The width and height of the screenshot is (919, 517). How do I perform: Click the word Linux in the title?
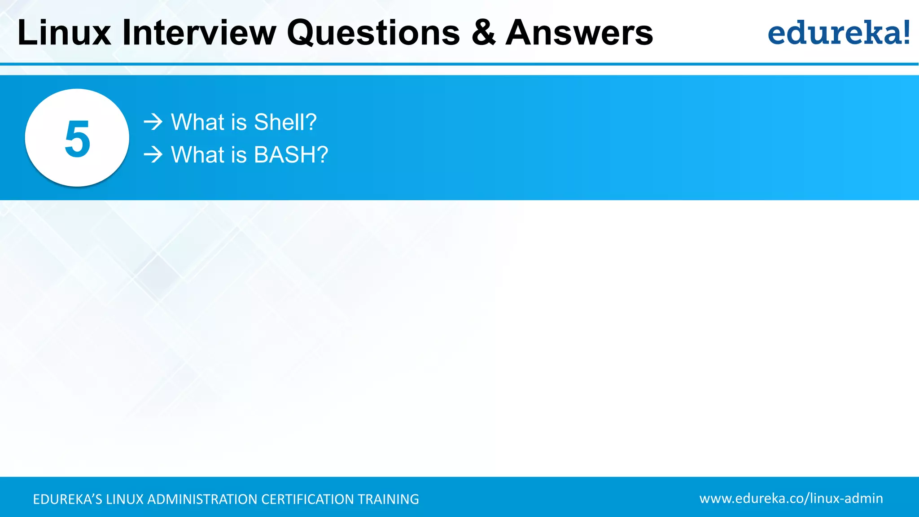64,33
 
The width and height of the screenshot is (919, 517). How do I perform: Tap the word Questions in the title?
373,33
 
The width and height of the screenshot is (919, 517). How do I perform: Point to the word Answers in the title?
579,33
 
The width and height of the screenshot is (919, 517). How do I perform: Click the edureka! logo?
838,33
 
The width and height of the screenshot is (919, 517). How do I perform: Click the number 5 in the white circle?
77,139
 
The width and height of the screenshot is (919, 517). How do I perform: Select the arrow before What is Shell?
153,122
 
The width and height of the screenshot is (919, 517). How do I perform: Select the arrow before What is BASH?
153,155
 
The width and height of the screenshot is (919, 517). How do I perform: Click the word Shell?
285,122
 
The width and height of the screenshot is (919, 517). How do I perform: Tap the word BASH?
291,155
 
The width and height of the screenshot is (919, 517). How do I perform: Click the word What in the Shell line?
197,122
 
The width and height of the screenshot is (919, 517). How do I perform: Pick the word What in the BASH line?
197,155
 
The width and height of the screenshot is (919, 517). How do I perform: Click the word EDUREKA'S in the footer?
67,499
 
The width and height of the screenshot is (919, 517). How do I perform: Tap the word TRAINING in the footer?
388,499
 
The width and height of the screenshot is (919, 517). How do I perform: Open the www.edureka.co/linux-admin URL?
791,498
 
